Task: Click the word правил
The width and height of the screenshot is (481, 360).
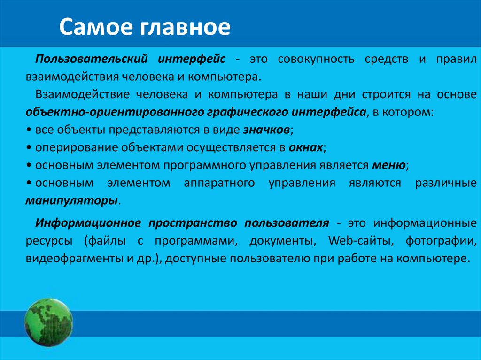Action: [455, 60]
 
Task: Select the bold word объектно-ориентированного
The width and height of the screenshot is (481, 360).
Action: [114, 112]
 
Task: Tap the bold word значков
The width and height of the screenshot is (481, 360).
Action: [268, 130]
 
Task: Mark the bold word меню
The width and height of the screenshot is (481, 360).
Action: [389, 165]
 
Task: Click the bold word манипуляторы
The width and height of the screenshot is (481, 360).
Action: [72, 200]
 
